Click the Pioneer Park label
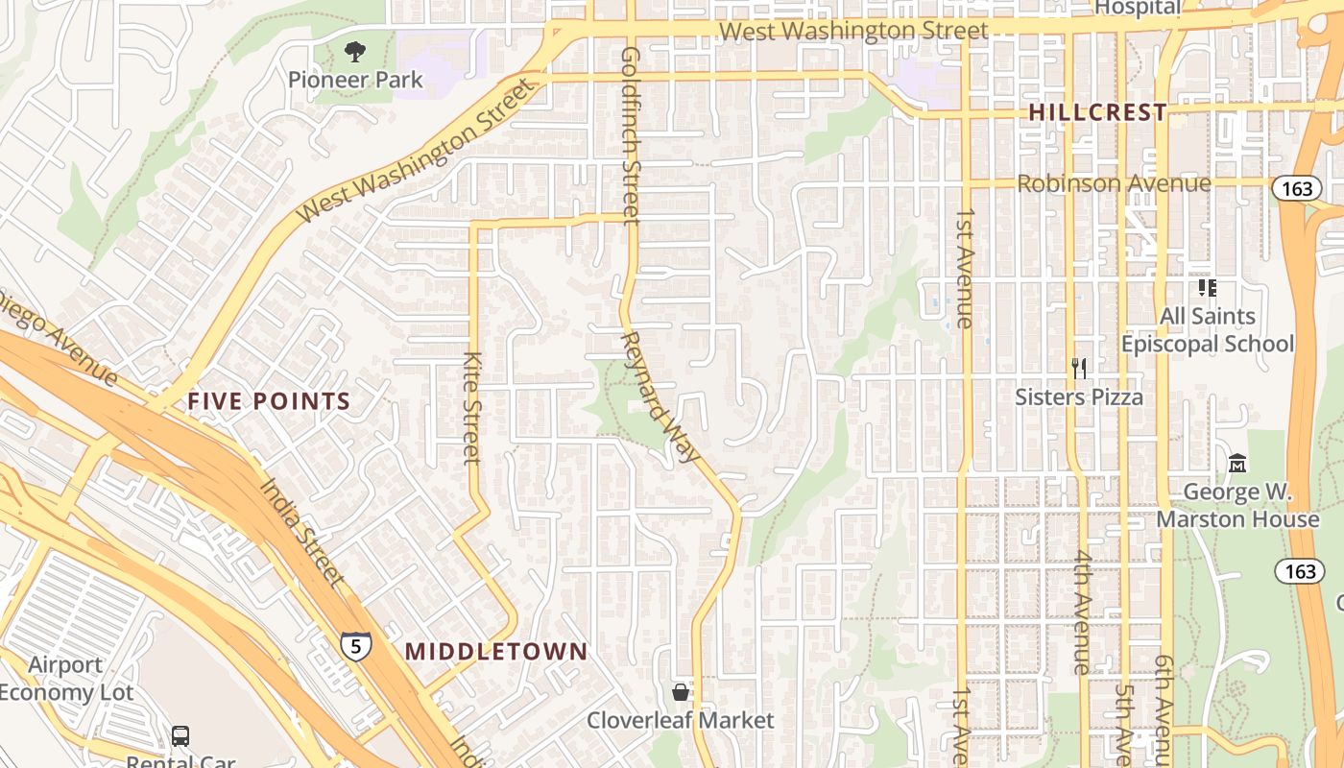tap(355, 80)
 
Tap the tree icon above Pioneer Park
tap(355, 51)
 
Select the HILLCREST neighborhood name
tap(1097, 112)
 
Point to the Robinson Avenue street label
tap(1114, 182)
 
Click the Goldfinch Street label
tap(631, 135)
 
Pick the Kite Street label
tap(471, 408)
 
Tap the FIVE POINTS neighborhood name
tap(269, 401)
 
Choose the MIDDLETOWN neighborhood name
tap(496, 651)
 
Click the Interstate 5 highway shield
tap(355, 645)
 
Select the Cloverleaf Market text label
tap(680, 720)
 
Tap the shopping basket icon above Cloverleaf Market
tap(680, 691)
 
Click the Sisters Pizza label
tap(1079, 396)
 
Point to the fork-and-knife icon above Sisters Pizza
tap(1079, 368)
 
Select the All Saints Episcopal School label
tap(1208, 329)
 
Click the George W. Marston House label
tap(1237, 506)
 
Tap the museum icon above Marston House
tap(1237, 465)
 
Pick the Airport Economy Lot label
tap(65, 679)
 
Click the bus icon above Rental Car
tap(180, 736)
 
